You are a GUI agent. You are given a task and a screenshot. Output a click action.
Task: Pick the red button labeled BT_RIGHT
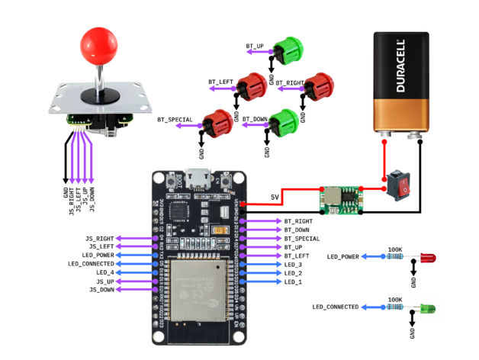(317, 87)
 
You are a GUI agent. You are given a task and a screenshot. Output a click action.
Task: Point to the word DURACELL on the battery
(402, 68)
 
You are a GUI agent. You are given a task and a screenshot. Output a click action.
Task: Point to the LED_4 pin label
(105, 272)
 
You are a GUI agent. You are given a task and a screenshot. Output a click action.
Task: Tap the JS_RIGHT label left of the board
(100, 239)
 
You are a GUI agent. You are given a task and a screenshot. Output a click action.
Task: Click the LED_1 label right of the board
(294, 282)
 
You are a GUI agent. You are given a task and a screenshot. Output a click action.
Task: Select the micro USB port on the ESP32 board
(201, 180)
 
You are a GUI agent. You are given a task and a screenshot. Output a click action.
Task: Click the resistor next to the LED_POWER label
(395, 257)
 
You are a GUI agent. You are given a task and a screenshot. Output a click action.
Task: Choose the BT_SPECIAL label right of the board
(302, 239)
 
